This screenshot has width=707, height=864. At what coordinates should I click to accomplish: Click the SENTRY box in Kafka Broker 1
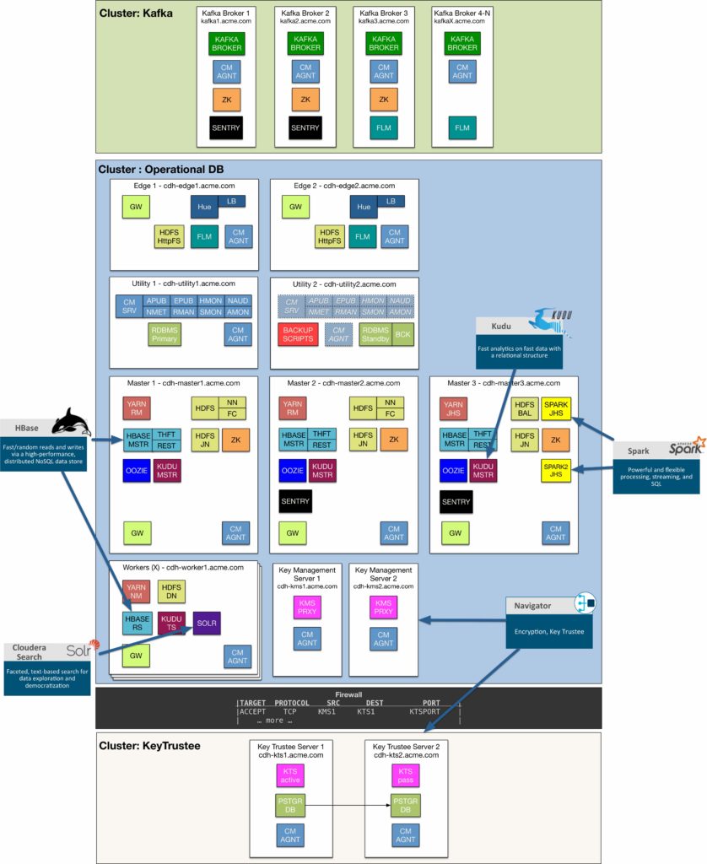tap(225, 127)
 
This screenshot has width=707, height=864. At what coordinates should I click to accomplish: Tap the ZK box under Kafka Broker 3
tap(384, 99)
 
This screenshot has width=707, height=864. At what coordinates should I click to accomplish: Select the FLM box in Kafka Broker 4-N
tap(462, 127)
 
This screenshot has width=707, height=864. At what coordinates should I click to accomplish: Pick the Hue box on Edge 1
tap(204, 207)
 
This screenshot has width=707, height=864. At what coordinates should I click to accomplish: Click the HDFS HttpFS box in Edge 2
tap(330, 237)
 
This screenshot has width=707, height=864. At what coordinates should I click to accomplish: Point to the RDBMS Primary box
tap(165, 334)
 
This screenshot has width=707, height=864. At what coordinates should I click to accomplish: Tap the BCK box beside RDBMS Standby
tap(403, 333)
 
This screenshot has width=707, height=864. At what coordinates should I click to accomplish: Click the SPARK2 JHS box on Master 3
tap(556, 471)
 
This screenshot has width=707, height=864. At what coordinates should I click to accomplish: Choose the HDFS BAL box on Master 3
tap(524, 409)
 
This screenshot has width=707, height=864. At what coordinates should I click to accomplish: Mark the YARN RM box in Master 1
tap(138, 409)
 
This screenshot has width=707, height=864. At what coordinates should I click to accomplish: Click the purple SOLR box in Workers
tap(207, 623)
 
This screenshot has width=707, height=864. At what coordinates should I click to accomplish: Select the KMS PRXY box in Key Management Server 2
tap(384, 607)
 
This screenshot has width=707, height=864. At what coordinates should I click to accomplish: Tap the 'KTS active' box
tap(291, 775)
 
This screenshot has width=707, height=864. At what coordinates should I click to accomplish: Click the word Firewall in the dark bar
tap(348, 694)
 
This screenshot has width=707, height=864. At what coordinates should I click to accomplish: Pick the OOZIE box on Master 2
tap(292, 471)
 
